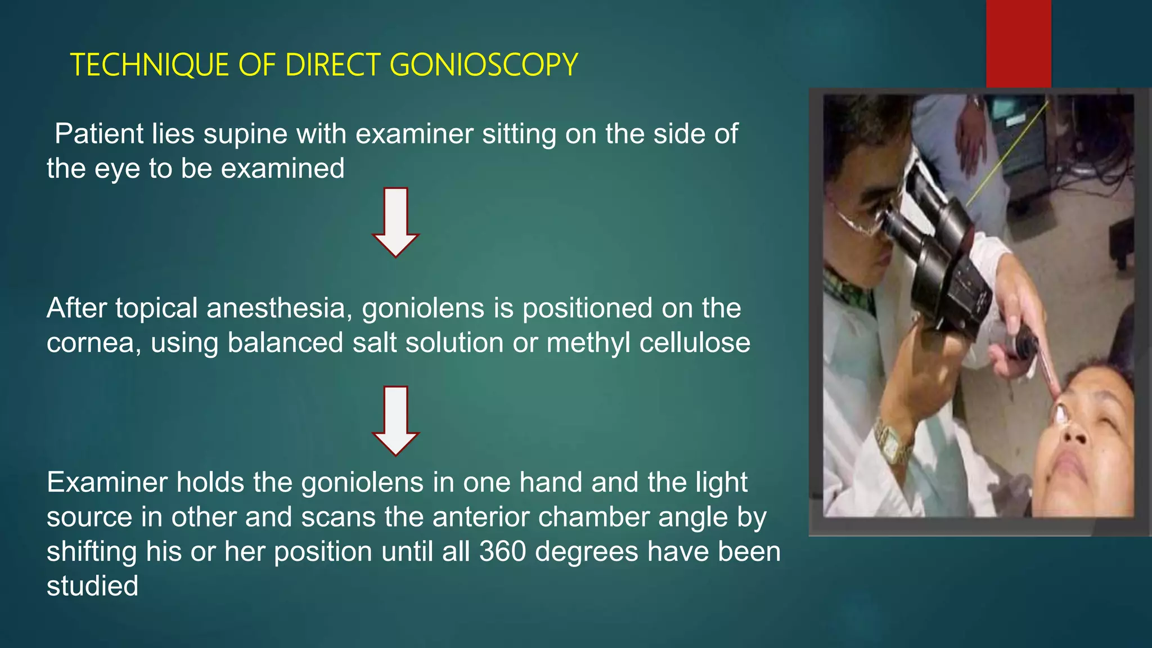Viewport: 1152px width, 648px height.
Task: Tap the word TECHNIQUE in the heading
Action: tap(149, 65)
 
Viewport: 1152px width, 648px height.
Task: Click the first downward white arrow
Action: tap(395, 222)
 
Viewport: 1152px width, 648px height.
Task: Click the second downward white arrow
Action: tap(395, 421)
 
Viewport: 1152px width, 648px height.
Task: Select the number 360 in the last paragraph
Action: tap(502, 552)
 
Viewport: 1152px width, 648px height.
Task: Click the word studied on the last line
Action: tap(92, 586)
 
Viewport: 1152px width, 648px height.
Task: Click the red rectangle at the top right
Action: tap(1018, 44)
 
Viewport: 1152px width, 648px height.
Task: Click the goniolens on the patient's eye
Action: tap(1060, 414)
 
